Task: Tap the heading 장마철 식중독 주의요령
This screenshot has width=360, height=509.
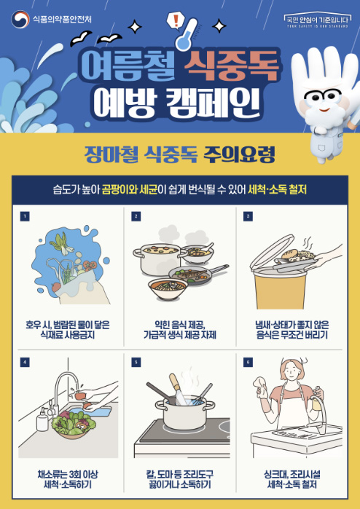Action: [x=179, y=154]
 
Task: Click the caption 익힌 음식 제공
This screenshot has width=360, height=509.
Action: [x=180, y=323]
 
